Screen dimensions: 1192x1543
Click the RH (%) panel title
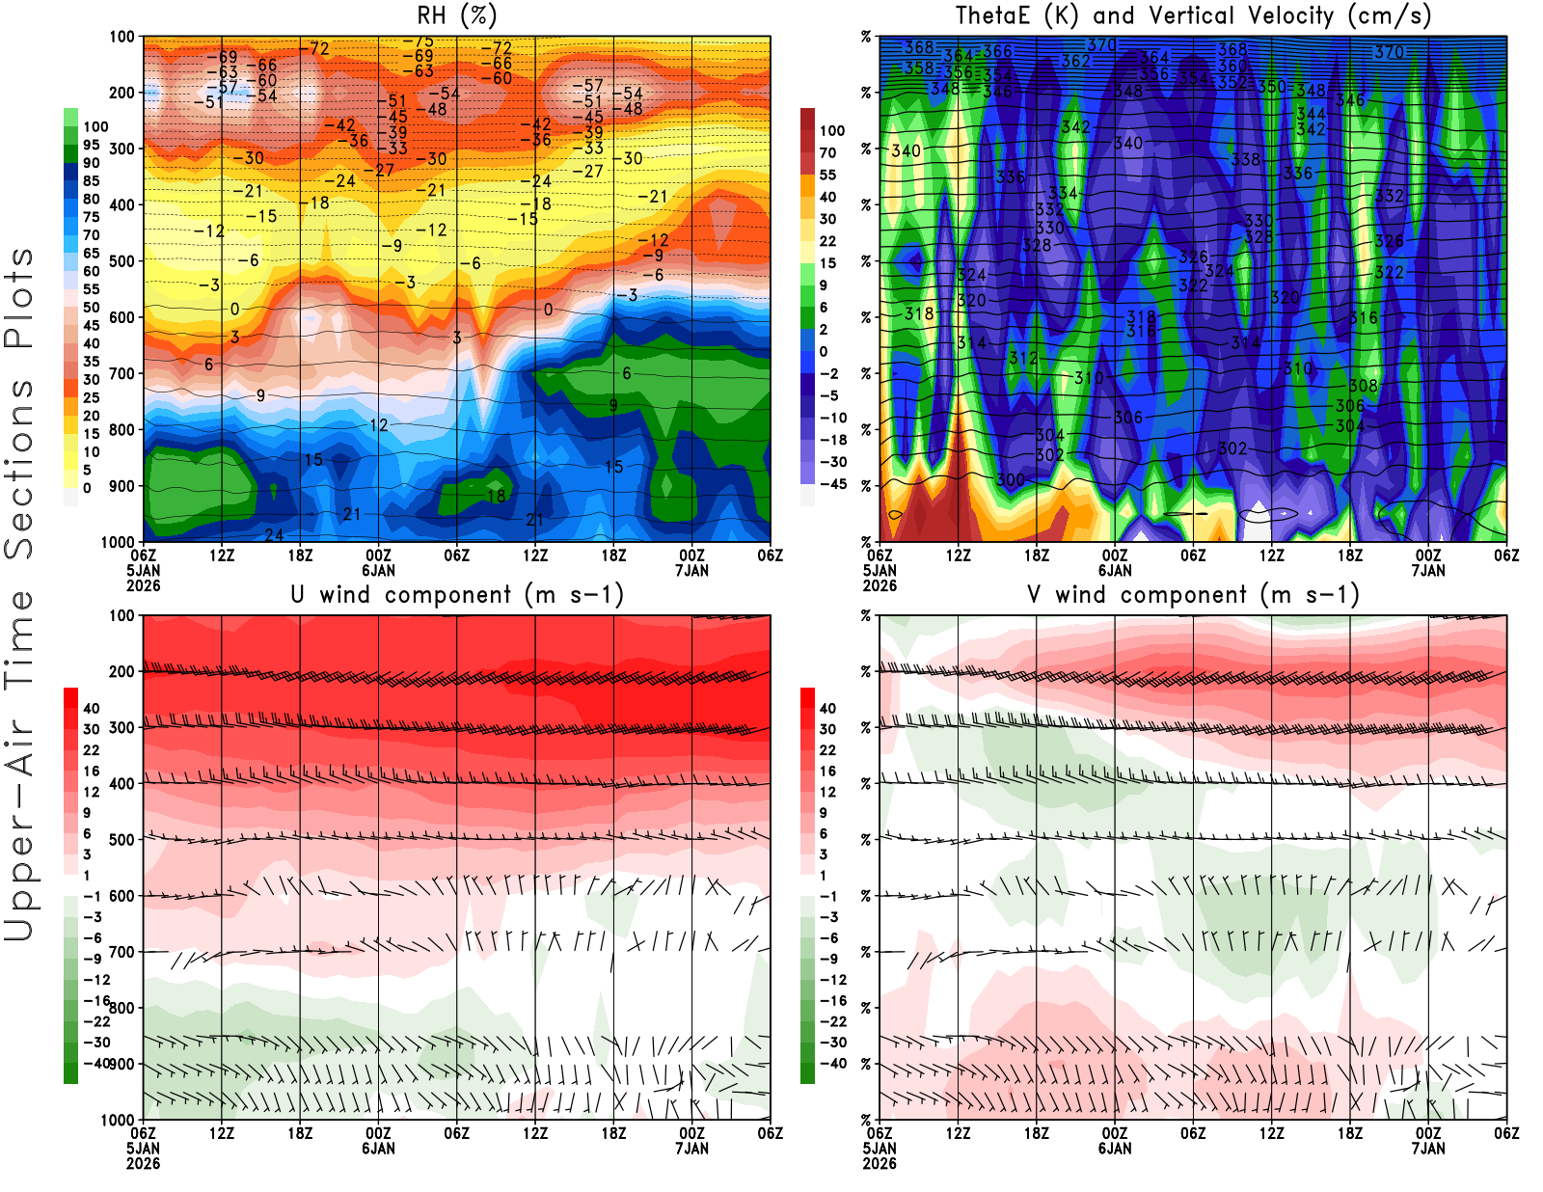pos(456,16)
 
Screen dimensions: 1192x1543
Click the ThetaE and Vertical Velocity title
pos(1193,16)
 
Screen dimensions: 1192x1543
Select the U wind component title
pos(457,595)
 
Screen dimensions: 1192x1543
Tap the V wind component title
pos(1193,595)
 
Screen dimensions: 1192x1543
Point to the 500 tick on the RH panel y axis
pos(122,260)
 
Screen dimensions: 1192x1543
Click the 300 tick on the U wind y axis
pos(122,727)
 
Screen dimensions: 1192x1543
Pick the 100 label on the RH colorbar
pos(95,126)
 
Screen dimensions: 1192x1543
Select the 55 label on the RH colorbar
pos(91,289)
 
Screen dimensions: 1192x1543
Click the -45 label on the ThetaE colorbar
pos(832,484)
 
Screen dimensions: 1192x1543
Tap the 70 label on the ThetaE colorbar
pos(827,152)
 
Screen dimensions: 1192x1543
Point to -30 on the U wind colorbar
pos(96,1042)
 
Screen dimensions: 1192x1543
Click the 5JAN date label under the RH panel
pos(143,571)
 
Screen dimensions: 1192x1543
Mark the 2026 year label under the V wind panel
pos(880,1163)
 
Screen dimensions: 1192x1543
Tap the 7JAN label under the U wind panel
pos(691,1149)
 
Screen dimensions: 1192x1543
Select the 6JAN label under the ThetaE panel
pos(1115,571)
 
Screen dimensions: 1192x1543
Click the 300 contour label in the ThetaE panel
pos(1010,480)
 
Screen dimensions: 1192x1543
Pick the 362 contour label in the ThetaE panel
pos(1075,61)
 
